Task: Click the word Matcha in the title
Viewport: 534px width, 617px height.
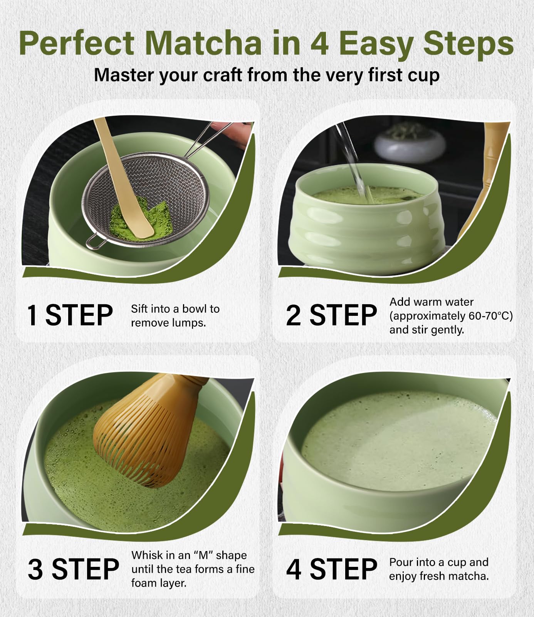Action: click(x=204, y=43)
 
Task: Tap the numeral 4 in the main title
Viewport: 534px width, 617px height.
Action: click(x=319, y=43)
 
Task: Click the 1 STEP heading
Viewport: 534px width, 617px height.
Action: click(x=70, y=315)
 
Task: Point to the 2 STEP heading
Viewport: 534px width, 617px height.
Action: click(x=331, y=315)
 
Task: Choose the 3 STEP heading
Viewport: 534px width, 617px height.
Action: click(x=73, y=569)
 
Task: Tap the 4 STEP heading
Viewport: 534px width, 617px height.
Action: click(x=331, y=569)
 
